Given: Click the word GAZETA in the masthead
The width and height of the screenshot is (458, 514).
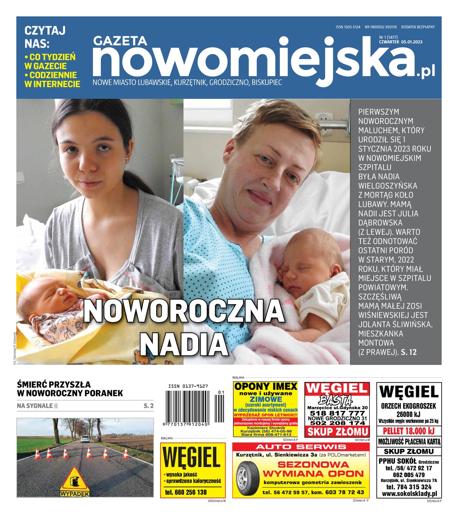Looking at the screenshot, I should [120, 41].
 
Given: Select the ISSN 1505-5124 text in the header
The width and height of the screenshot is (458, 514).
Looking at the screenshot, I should [348, 27].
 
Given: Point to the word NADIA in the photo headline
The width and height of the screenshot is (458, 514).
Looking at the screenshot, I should [183, 343].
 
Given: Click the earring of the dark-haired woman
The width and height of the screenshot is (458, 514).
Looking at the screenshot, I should [126, 160].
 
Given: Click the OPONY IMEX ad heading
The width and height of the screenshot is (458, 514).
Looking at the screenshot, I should [265, 386].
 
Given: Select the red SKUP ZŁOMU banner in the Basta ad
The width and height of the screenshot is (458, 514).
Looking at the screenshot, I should [337, 431].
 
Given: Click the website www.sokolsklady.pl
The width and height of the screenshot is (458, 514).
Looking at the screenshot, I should [409, 494].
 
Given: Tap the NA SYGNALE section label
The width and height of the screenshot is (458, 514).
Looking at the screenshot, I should [35, 405].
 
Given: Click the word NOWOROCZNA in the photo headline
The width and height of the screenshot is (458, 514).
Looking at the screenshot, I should [183, 311].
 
